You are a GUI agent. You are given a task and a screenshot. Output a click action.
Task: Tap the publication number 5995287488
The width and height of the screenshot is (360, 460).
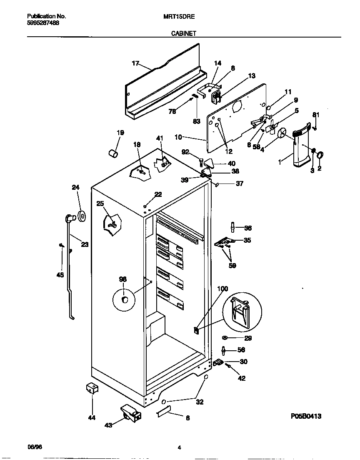43,23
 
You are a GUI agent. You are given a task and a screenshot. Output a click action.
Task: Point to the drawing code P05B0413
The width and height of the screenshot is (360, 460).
306,416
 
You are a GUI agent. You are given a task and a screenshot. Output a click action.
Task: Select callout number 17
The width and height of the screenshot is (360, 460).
135,63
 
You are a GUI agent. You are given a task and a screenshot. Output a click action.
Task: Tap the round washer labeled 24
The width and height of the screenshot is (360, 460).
82,216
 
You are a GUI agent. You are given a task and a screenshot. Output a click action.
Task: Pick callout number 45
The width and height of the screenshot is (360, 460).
60,275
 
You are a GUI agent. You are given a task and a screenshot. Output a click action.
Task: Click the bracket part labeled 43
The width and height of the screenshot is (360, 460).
131,414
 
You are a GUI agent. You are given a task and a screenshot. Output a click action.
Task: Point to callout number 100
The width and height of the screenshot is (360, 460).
223,289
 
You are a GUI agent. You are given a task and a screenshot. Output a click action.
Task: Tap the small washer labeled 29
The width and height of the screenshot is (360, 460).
225,337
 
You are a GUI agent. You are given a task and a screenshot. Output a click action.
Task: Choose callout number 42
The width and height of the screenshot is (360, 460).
241,378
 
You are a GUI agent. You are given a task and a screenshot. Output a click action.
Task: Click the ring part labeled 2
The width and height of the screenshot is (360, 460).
320,156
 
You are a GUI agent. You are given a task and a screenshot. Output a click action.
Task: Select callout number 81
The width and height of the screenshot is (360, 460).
316,115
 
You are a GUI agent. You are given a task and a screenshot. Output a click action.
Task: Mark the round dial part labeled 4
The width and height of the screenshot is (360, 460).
282,133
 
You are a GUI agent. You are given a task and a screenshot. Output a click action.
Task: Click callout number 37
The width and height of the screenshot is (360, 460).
239,183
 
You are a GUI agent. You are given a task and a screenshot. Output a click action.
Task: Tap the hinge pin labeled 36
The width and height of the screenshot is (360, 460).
232,227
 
